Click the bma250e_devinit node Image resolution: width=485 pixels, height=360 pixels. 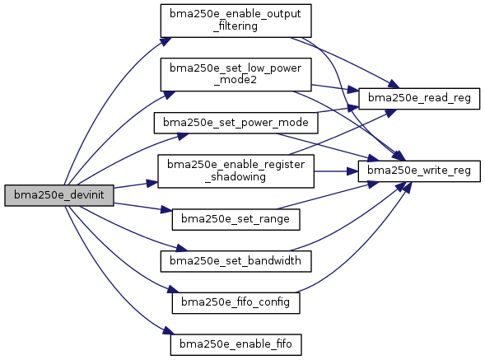(59, 195)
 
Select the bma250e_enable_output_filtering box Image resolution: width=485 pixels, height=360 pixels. (236, 21)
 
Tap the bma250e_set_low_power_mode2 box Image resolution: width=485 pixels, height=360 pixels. (236, 75)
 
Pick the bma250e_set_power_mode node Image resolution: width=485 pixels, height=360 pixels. (236, 123)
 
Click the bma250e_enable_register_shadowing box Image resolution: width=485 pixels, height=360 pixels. (236, 171)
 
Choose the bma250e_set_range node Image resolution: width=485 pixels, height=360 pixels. (236, 219)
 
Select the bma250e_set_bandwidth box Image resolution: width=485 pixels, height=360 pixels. (236, 262)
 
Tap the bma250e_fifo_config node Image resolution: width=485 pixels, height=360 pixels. (236, 303)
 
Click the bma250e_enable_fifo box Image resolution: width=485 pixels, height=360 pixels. (236, 345)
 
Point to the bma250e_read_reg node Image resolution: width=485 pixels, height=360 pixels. (419, 98)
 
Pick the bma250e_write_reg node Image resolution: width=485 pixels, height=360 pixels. (419, 171)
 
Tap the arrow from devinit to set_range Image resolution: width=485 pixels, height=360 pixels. (143, 207)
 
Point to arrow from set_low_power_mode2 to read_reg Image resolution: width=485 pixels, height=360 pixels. (335, 87)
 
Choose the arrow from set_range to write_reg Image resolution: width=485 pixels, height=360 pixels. (328, 195)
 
